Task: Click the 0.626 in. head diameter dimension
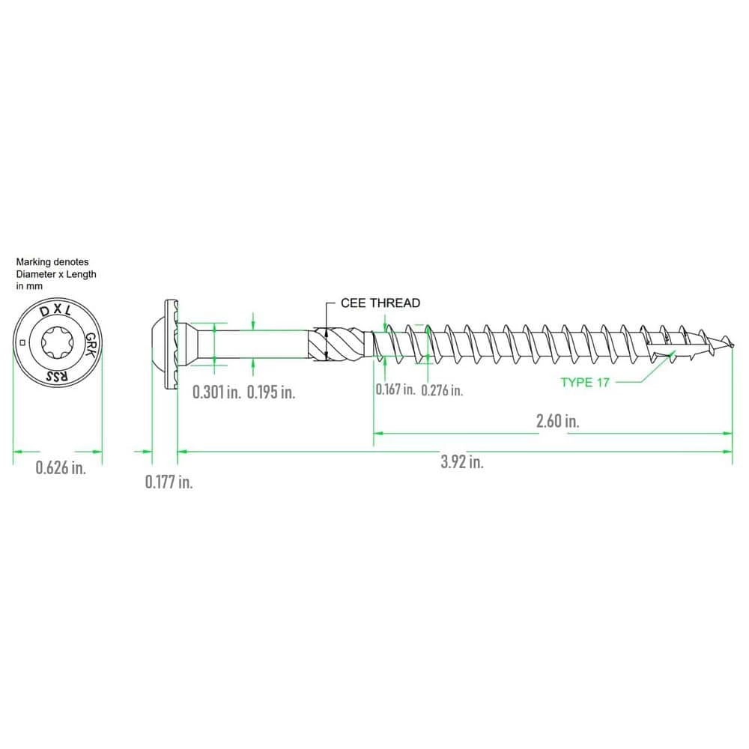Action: coord(61,467)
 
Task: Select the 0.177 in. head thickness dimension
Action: coord(169,482)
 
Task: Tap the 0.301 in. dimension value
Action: coord(216,392)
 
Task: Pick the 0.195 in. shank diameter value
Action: coord(271,392)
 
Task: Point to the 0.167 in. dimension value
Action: coord(395,389)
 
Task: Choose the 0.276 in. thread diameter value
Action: coord(442,390)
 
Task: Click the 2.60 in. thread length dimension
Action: coord(557,421)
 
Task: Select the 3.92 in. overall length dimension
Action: coord(462,462)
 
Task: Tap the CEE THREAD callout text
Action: coord(380,303)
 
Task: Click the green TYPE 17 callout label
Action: coord(585,382)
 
